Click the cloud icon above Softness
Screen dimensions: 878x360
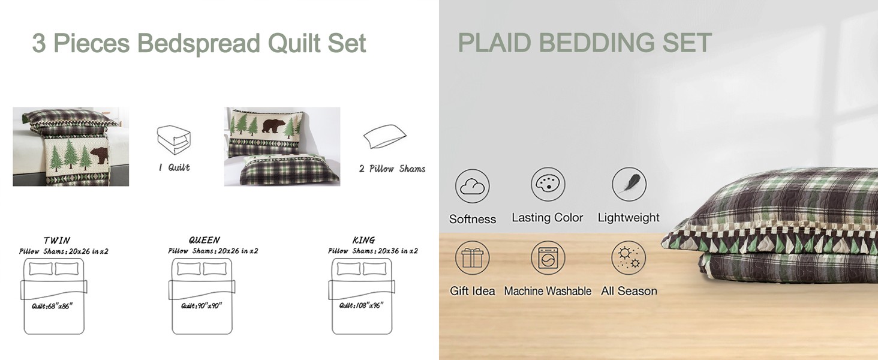click(x=473, y=187)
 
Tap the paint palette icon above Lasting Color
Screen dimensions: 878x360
click(x=548, y=184)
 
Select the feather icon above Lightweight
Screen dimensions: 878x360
click(x=629, y=184)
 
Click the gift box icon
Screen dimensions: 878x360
click(x=473, y=258)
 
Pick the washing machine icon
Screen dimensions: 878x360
click(x=548, y=258)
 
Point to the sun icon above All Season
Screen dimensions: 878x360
click(x=629, y=258)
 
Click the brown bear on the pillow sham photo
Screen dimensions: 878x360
click(x=274, y=126)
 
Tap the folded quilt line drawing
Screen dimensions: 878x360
click(x=174, y=140)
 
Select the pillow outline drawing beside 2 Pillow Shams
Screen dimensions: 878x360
click(x=385, y=136)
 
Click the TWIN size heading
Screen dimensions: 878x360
click(x=57, y=241)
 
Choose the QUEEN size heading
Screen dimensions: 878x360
click(x=205, y=240)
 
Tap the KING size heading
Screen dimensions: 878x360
click(x=363, y=240)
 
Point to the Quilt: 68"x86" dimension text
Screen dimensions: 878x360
click(x=52, y=306)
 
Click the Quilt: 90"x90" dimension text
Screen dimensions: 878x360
click(x=201, y=306)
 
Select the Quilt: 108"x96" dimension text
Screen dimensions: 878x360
click(x=361, y=305)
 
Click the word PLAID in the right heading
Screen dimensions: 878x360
click(x=495, y=43)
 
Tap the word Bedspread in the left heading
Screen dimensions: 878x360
click(x=199, y=43)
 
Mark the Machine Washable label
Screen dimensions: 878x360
click(x=548, y=291)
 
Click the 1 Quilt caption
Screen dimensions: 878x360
click(x=174, y=168)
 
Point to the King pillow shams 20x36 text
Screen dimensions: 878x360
click(x=373, y=251)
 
